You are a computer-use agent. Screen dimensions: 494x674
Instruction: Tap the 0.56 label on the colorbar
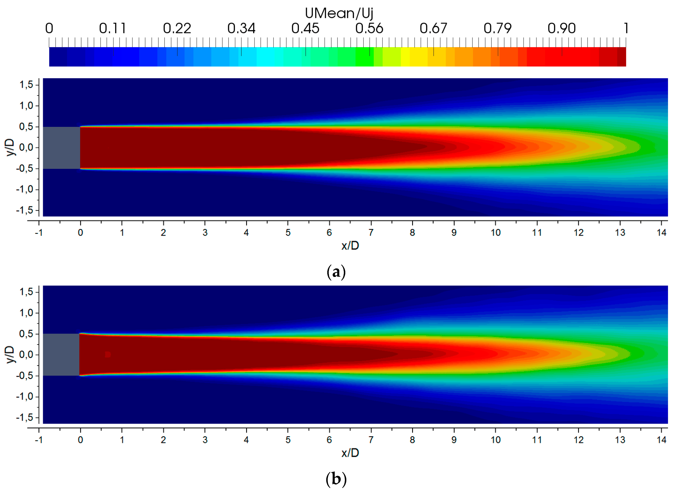coord(369,28)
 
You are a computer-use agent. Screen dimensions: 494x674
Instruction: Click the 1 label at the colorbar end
coord(626,28)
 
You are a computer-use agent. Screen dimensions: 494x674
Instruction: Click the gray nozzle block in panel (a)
coord(61,148)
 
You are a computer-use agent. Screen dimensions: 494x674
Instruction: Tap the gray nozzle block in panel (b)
coord(61,355)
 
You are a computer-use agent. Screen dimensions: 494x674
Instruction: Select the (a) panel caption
coord(336,272)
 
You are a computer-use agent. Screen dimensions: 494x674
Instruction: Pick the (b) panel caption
coord(336,479)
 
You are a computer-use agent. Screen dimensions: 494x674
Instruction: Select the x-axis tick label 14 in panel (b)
coord(661,440)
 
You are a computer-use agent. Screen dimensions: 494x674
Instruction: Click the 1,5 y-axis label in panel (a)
coord(26,85)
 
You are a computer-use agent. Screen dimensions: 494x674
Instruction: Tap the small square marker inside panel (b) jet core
coord(108,355)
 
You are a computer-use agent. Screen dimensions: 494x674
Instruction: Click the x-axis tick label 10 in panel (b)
coord(495,440)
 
